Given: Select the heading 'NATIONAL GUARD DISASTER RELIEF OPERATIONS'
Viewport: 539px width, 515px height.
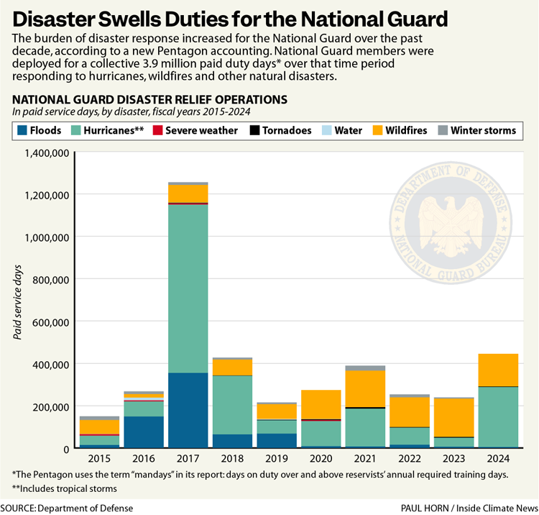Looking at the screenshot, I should (x=149, y=99).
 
